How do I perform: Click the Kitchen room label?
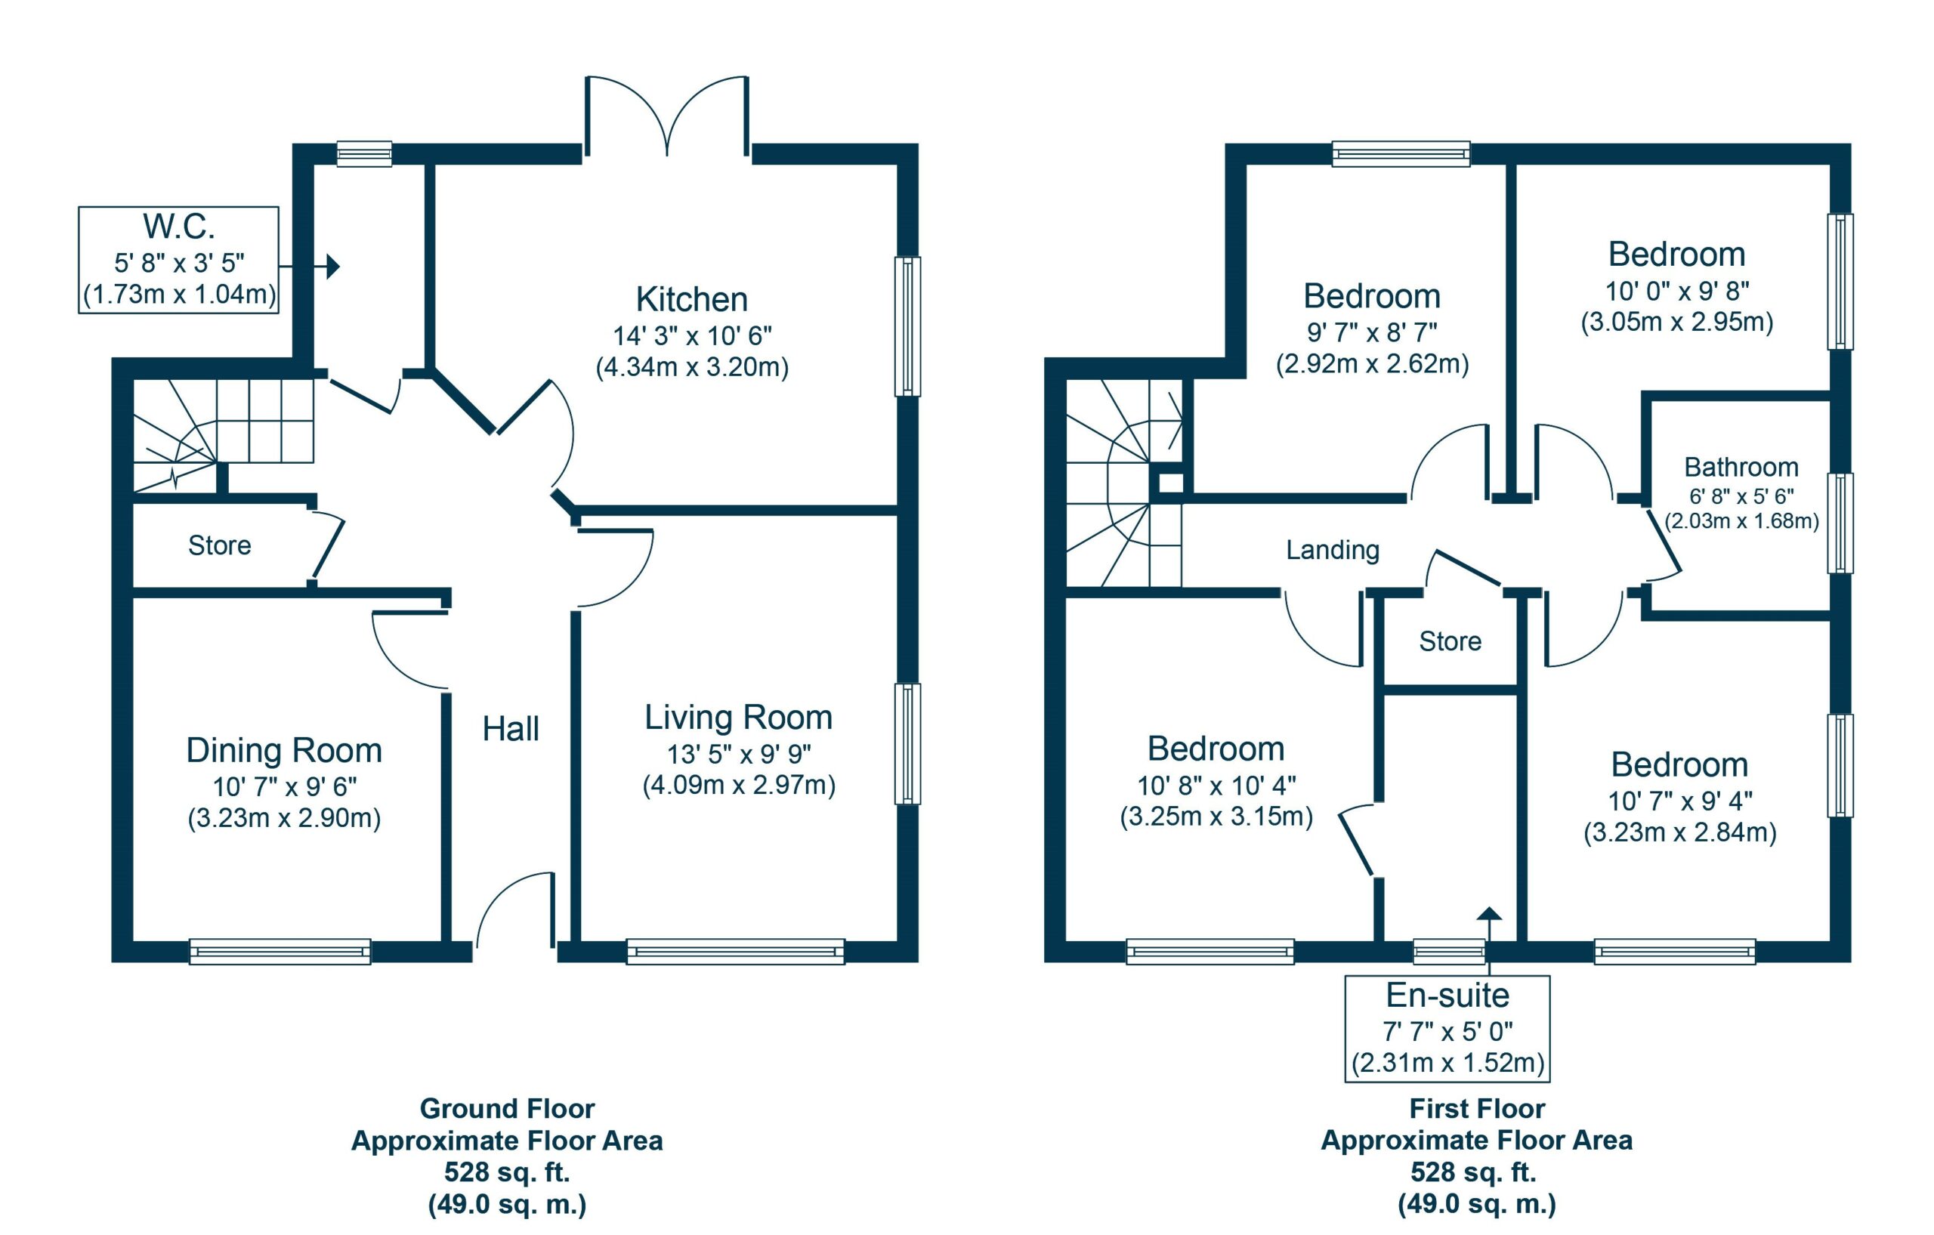pos(691,300)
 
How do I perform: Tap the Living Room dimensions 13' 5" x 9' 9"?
pos(739,754)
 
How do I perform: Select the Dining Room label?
pos(283,750)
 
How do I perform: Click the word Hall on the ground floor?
pos(510,729)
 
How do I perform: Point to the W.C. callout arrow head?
pos(333,266)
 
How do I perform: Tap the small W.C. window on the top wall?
pos(364,153)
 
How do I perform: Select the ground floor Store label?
pos(219,545)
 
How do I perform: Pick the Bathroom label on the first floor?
pos(1741,467)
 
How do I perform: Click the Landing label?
pos(1333,550)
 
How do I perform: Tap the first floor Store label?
pos(1450,641)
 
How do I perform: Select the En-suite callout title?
pos(1447,996)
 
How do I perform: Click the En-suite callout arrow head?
pos(1489,913)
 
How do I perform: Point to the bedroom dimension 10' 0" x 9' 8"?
pos(1677,291)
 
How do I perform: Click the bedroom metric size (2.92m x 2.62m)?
pos(1372,364)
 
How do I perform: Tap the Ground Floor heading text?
pos(507,1109)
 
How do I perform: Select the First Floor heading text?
pos(1476,1109)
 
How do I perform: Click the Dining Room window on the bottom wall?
pos(280,952)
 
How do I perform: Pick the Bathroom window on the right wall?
pos(1840,523)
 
